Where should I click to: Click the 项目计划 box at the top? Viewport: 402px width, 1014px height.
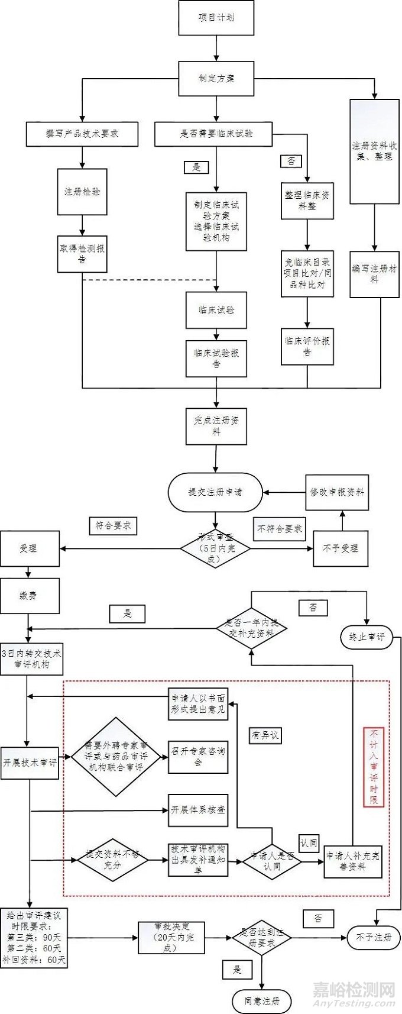[216, 18]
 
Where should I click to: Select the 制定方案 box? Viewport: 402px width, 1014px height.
[216, 79]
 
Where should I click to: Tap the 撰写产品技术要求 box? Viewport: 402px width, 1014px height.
[82, 134]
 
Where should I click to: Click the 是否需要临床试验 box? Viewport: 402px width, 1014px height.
[213, 134]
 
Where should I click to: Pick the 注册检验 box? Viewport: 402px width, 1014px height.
[82, 192]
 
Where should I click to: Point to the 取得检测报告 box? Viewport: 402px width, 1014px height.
[82, 254]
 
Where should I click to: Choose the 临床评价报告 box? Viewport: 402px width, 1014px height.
[307, 346]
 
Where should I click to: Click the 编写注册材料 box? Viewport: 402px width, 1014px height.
[374, 274]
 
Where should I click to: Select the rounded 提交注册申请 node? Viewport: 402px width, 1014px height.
[215, 492]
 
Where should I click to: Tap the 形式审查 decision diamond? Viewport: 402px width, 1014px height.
[215, 548]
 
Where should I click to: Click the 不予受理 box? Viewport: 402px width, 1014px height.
[341, 548]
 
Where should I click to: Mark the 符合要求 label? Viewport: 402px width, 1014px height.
[114, 525]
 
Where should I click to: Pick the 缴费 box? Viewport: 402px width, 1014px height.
[30, 596]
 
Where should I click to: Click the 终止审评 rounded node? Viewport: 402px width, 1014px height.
[367, 637]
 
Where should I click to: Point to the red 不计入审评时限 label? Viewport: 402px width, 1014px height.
[374, 767]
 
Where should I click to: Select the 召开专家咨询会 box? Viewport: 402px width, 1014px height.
[198, 757]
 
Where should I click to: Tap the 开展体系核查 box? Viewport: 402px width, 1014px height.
[198, 810]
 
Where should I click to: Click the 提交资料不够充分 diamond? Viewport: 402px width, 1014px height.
[112, 860]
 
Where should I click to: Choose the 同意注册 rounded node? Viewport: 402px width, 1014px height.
[262, 1001]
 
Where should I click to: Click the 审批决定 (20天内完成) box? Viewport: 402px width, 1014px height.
[171, 938]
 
